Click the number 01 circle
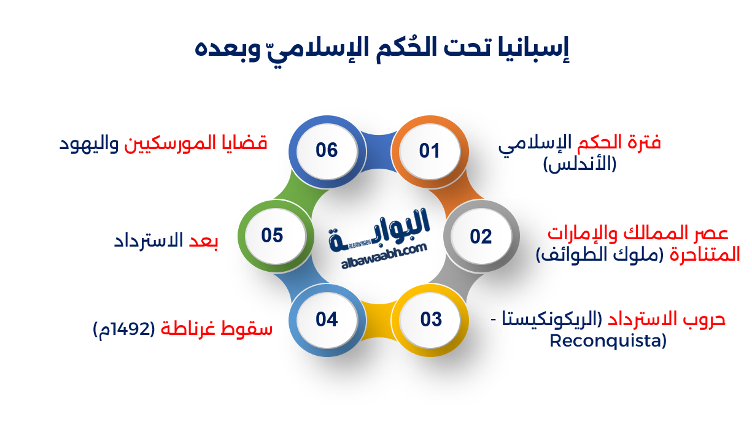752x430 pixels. [x=430, y=150]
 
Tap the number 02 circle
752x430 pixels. [x=481, y=236]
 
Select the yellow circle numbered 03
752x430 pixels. [x=431, y=320]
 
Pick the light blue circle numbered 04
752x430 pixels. [x=327, y=320]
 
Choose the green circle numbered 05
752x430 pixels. [x=272, y=235]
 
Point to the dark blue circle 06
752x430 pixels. [x=327, y=150]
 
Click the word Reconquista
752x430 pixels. [x=607, y=341]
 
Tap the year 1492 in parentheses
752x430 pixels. [x=136, y=329]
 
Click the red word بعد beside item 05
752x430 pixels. [x=203, y=240]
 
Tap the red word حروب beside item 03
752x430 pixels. [x=705, y=319]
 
